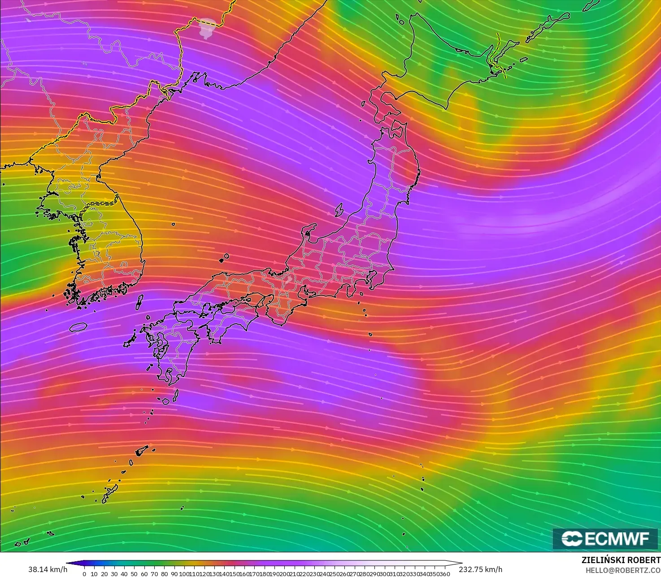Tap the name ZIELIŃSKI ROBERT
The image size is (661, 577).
click(621, 560)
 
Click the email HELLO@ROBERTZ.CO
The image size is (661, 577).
click(621, 569)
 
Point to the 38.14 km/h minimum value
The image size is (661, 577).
click(48, 569)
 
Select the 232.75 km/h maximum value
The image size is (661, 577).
click(480, 569)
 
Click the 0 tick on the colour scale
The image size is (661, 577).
click(84, 574)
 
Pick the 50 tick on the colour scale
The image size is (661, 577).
click(134, 574)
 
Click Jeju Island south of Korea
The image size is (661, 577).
click(78, 327)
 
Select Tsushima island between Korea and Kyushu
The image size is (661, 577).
click(139, 302)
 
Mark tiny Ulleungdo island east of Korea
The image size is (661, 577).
click(173, 224)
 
